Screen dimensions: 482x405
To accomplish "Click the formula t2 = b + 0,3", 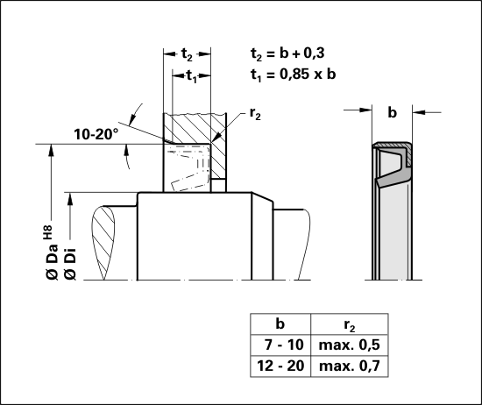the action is click(287, 53).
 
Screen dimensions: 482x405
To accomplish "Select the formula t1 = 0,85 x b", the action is click(293, 75).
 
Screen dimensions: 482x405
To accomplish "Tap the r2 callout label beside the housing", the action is click(255, 114).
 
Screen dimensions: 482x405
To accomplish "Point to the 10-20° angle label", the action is click(96, 134).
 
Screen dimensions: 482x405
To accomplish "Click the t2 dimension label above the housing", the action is click(187, 54).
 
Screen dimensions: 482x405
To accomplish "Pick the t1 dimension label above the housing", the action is click(192, 76).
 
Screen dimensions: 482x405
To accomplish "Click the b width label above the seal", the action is click(393, 112).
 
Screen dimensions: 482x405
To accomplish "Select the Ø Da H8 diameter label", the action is click(52, 252).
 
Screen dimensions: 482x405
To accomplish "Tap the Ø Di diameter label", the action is click(70, 263).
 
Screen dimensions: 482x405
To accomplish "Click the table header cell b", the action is click(280, 323).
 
